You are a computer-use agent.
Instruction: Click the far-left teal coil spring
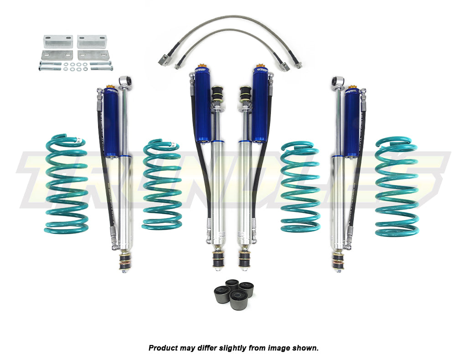click(67, 182)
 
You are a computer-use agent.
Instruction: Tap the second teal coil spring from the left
click(161, 184)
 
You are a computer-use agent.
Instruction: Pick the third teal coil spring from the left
click(300, 187)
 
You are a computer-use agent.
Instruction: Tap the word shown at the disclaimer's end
click(307, 348)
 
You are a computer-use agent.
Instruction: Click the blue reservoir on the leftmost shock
click(111, 122)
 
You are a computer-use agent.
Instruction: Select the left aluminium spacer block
click(58, 41)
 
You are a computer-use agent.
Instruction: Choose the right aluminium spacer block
click(92, 41)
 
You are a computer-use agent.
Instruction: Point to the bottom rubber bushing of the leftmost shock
click(123, 261)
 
